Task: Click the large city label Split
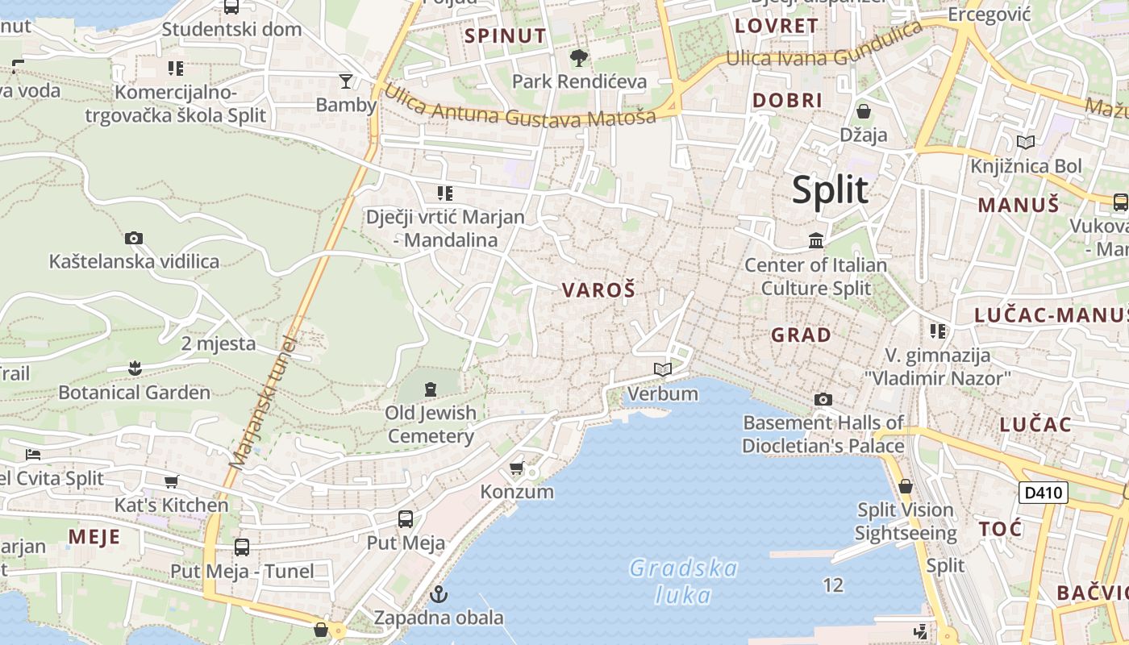click(830, 190)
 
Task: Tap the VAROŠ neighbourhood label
click(598, 290)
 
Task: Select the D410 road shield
click(1043, 493)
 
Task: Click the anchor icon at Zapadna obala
click(439, 595)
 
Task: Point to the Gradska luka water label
click(683, 581)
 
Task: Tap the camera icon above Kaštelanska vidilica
click(134, 238)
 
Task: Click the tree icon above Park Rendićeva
click(578, 57)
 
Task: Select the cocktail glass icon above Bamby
click(346, 81)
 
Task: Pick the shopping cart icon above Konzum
click(517, 468)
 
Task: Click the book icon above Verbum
click(663, 369)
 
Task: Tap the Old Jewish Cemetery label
click(431, 424)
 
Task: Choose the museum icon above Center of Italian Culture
click(815, 240)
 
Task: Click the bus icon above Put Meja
click(406, 518)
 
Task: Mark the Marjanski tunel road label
click(264, 402)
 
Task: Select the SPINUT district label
click(506, 35)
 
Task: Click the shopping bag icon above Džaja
click(864, 110)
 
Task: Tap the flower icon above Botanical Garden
click(134, 368)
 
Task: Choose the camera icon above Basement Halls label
click(823, 399)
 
